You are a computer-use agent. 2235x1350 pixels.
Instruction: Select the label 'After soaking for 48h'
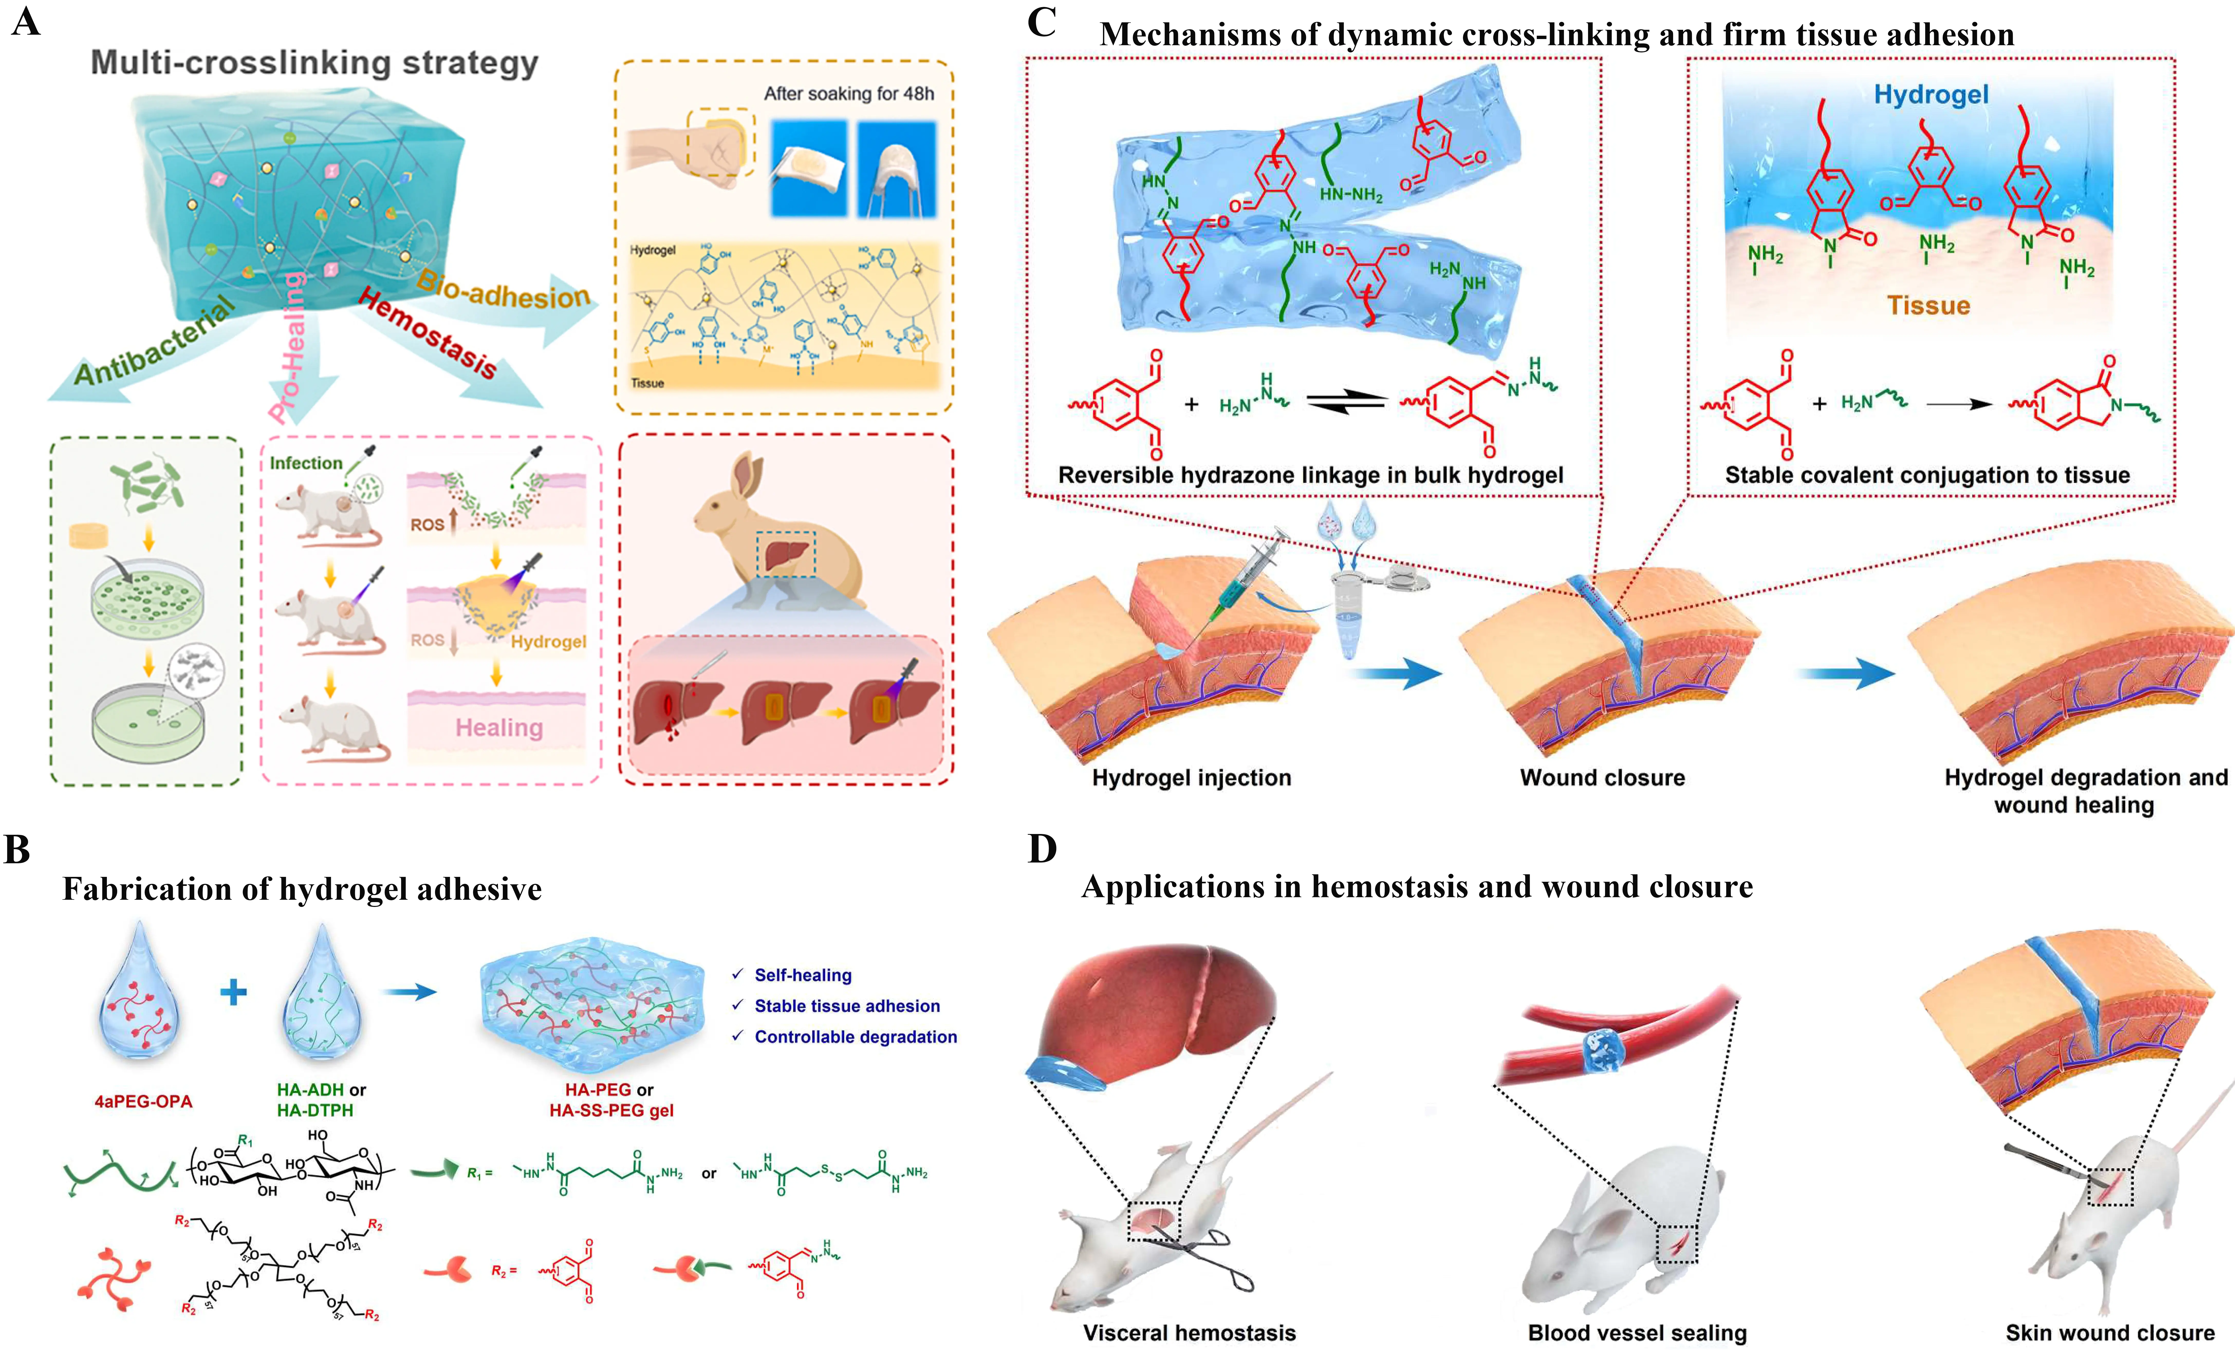[848, 93]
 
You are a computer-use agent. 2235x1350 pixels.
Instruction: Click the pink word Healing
[499, 728]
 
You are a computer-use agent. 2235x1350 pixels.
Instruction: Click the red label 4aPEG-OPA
[143, 1102]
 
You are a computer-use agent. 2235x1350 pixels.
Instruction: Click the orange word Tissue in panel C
[1928, 306]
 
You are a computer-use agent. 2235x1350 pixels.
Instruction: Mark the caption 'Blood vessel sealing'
[1637, 1333]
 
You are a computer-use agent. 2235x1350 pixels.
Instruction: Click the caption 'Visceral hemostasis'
[1189, 1333]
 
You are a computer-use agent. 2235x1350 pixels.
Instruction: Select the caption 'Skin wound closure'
[2110, 1333]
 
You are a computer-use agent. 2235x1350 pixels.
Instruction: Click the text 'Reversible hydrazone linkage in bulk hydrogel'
[1311, 475]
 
